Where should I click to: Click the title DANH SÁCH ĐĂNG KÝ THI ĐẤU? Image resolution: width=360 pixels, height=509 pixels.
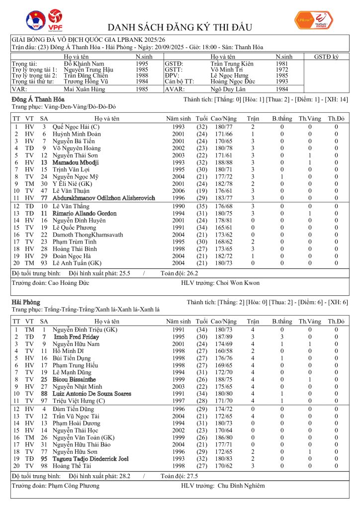point(180,27)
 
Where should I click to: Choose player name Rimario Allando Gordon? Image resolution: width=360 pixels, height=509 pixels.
point(85,213)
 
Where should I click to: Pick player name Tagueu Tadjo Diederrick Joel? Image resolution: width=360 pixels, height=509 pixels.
point(90,459)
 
